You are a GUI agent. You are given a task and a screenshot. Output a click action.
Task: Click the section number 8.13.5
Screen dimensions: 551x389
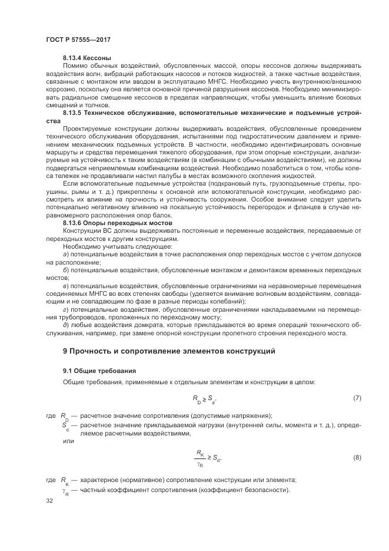tap(73, 111)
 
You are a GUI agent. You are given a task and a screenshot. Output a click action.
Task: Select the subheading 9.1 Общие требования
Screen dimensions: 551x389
tap(99, 371)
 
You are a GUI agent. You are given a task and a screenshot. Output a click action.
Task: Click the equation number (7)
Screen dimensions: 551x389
tap(357, 398)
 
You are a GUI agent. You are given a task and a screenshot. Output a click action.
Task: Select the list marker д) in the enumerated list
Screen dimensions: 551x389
tap(66, 324)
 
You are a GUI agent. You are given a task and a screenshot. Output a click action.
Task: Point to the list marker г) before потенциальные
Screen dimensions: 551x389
tap(66, 309)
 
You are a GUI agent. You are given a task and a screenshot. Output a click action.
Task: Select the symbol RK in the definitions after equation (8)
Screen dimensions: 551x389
tap(65, 480)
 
